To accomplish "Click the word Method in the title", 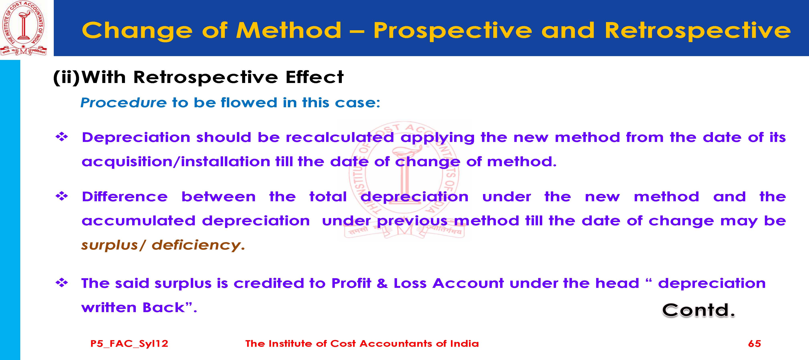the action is pos(289,30).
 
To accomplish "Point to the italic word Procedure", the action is pos(123,103).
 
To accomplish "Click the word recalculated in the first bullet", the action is pos(340,137).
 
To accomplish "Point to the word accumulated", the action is pos(138,221).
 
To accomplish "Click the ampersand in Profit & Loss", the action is pos(382,283).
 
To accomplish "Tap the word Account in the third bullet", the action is pos(468,283).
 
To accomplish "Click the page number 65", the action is pos(754,343).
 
